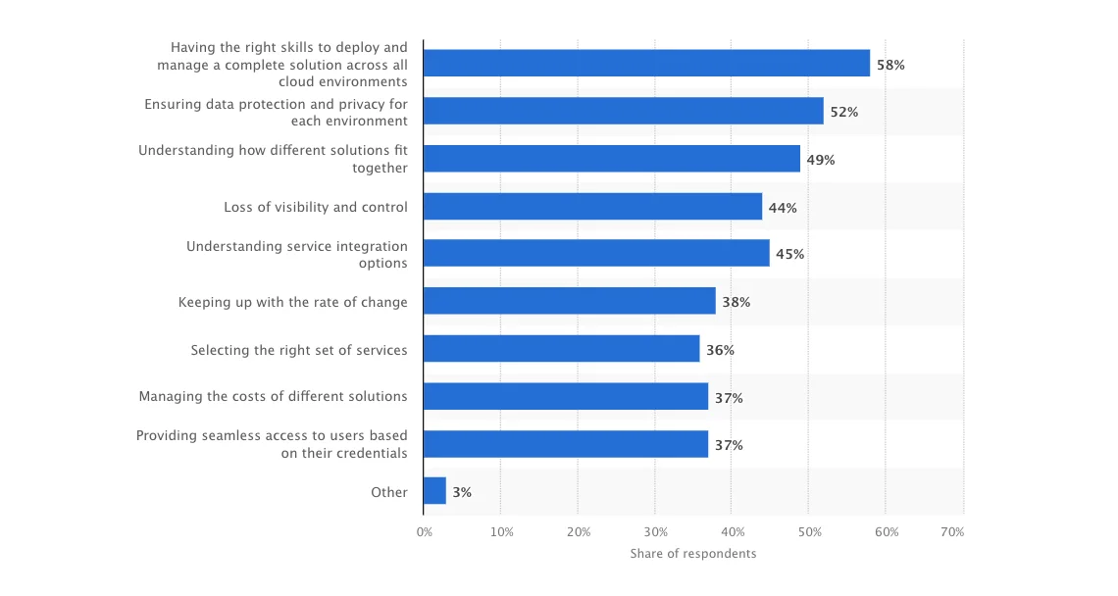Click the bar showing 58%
tap(646, 64)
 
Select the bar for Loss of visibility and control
tap(592, 207)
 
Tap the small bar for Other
tap(434, 491)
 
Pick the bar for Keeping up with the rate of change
tap(569, 301)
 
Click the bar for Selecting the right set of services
tap(561, 349)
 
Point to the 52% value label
tap(843, 112)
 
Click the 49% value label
tap(820, 160)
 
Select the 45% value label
tap(789, 254)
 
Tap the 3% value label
tap(462, 492)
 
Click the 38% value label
tap(736, 302)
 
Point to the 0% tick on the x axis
tap(424, 531)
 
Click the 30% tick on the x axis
tap(655, 531)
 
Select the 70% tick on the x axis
tap(952, 531)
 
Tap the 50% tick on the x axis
tap(809, 531)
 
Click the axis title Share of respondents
tap(692, 554)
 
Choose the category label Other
tap(388, 492)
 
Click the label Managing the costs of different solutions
tap(273, 397)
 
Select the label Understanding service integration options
tap(297, 255)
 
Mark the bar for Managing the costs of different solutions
tap(565, 396)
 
